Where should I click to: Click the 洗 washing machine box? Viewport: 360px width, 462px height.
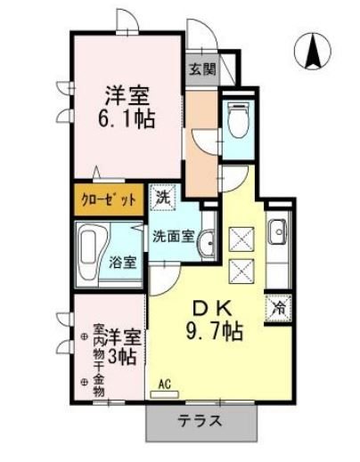pyautogui.click(x=163, y=198)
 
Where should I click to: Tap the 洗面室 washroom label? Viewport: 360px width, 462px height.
pyautogui.click(x=171, y=237)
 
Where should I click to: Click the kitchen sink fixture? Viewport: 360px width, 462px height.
pyautogui.click(x=278, y=231)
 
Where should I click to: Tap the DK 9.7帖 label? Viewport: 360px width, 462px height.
pyautogui.click(x=214, y=320)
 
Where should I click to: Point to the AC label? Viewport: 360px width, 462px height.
pyautogui.click(x=164, y=385)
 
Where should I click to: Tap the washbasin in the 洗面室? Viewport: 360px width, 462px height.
pyautogui.click(x=207, y=239)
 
